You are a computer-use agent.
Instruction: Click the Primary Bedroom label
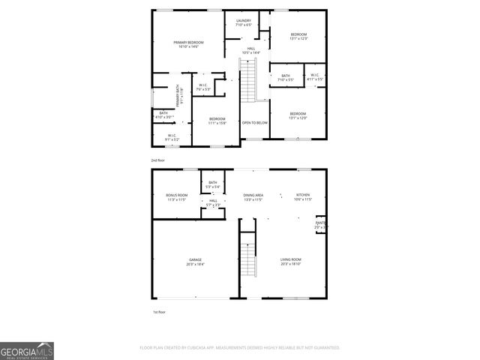pyautogui.click(x=188, y=44)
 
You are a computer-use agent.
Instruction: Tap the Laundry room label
pyautogui.click(x=244, y=22)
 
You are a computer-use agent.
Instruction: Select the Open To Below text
pyautogui.click(x=254, y=122)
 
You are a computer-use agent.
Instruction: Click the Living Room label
pyautogui.click(x=290, y=262)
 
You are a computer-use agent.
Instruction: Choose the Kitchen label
pyautogui.click(x=302, y=196)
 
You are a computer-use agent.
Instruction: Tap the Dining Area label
pyautogui.click(x=253, y=196)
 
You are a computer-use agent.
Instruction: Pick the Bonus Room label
pyautogui.click(x=176, y=197)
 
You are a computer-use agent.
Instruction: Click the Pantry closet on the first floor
pyautogui.click(x=320, y=224)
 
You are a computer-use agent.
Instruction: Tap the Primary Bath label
pyautogui.click(x=178, y=98)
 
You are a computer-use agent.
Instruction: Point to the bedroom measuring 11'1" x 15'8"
pyautogui.click(x=217, y=120)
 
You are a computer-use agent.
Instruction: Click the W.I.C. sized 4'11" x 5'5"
pyautogui.click(x=314, y=76)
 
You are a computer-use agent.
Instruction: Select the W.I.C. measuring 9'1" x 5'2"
pyautogui.click(x=172, y=137)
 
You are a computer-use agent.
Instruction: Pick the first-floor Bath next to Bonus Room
pyautogui.click(x=213, y=184)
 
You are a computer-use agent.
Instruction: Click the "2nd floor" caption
pyautogui.click(x=157, y=160)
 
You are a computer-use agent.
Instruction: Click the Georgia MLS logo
pyautogui.click(x=27, y=351)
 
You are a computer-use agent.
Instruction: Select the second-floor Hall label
pyautogui.click(x=251, y=50)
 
